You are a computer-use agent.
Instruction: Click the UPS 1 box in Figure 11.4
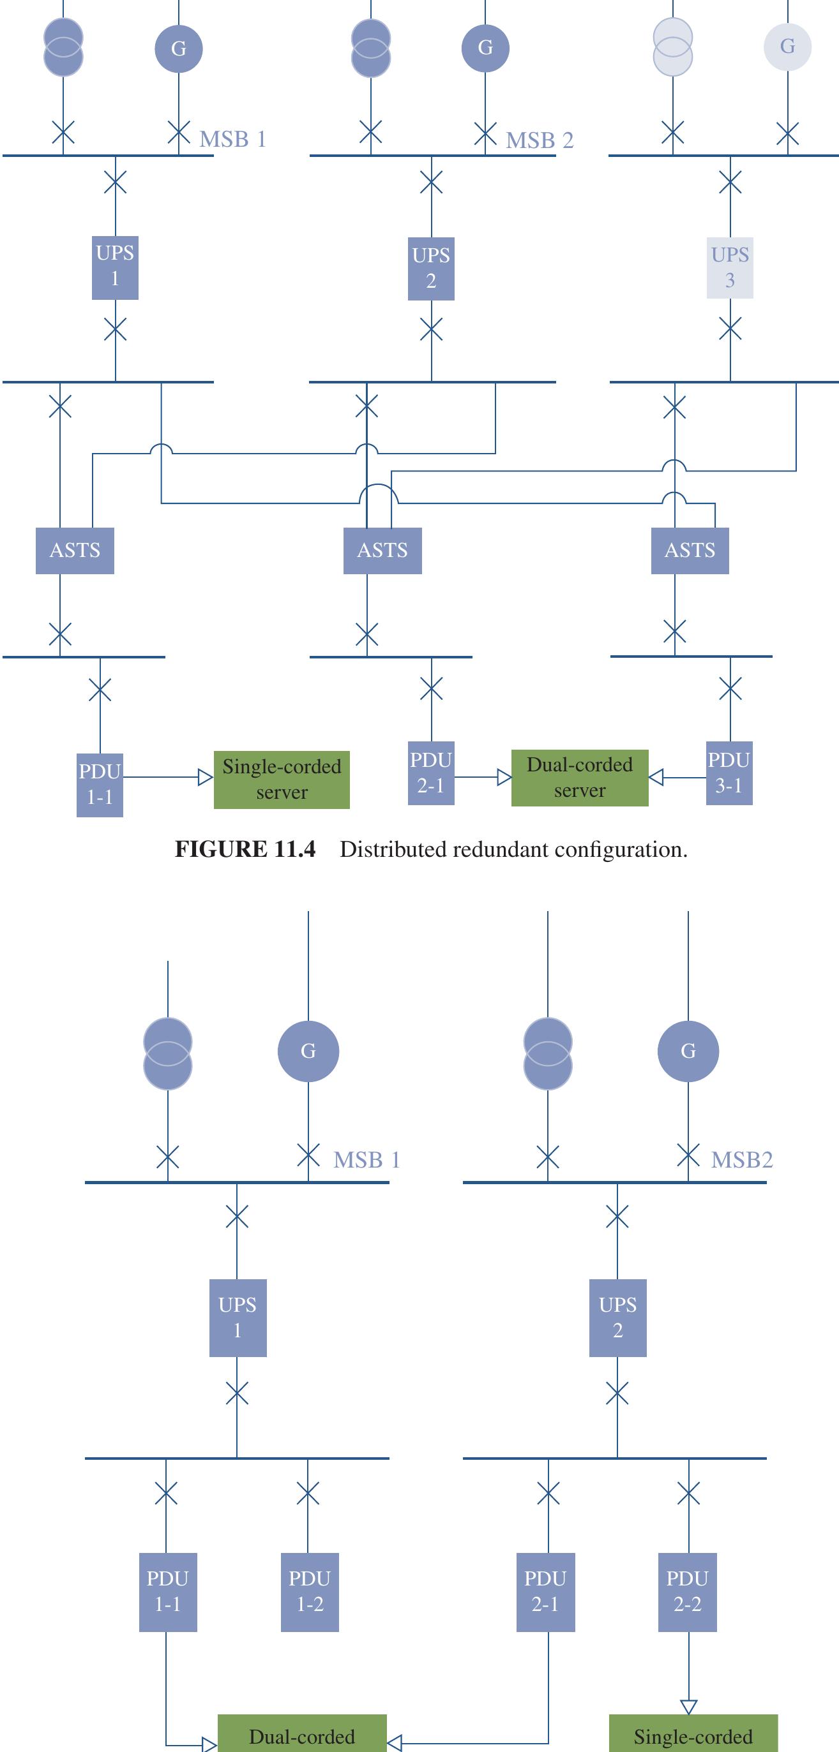115,267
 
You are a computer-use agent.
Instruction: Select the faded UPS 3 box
729,267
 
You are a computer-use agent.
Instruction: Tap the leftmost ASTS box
75,550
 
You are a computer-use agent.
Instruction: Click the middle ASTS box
382,550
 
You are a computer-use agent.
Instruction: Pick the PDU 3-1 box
729,773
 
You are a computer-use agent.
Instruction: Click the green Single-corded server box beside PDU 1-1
282,780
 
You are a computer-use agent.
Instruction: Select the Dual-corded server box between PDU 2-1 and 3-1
580,778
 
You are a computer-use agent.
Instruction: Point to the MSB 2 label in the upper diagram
540,141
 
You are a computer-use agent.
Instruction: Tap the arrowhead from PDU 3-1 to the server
656,777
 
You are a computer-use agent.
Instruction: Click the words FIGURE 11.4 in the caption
245,849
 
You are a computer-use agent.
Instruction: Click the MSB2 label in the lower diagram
742,1160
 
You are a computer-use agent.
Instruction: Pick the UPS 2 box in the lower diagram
617,1318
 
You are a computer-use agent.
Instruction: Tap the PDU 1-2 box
310,1591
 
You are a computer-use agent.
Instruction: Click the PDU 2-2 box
687,1591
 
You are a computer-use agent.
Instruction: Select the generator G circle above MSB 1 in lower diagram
308,1051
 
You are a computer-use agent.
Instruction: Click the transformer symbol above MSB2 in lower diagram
548,1053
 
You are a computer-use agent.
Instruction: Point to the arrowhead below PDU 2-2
688,1707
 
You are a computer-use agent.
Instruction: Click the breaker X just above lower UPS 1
237,1216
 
